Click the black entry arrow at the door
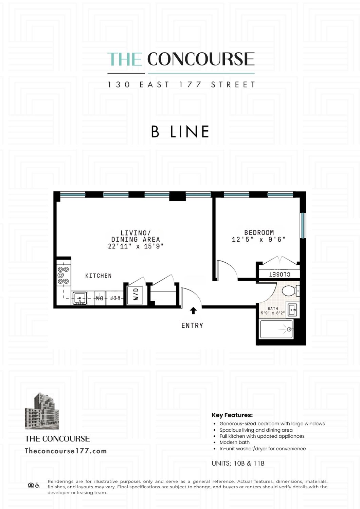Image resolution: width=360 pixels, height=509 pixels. tap(193, 310)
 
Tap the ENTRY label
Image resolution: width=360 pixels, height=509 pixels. tap(192, 325)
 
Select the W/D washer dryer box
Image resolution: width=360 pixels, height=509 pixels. tap(136, 294)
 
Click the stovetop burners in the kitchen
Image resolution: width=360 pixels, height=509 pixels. tap(64, 275)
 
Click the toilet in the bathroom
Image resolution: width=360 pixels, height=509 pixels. tap(290, 291)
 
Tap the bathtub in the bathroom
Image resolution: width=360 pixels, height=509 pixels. tap(276, 329)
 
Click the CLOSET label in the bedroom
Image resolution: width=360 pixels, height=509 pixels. tap(280, 274)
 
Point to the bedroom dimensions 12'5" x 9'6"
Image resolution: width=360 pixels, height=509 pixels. tap(259, 239)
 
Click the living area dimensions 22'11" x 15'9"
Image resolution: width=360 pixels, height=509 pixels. tap(136, 246)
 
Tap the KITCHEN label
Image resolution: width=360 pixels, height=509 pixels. tap(98, 276)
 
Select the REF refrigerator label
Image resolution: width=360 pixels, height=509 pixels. tap(115, 298)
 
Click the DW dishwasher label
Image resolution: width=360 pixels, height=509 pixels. tap(100, 298)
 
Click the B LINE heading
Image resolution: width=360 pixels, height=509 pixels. tap(180, 132)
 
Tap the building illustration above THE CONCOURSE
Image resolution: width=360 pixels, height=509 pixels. tap(42, 411)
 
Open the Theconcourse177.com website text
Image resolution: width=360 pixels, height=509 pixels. tap(66, 451)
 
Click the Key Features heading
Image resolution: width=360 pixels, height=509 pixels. tap(232, 415)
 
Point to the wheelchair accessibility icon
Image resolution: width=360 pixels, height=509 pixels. tap(37, 485)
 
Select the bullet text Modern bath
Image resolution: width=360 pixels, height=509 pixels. tap(234, 442)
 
